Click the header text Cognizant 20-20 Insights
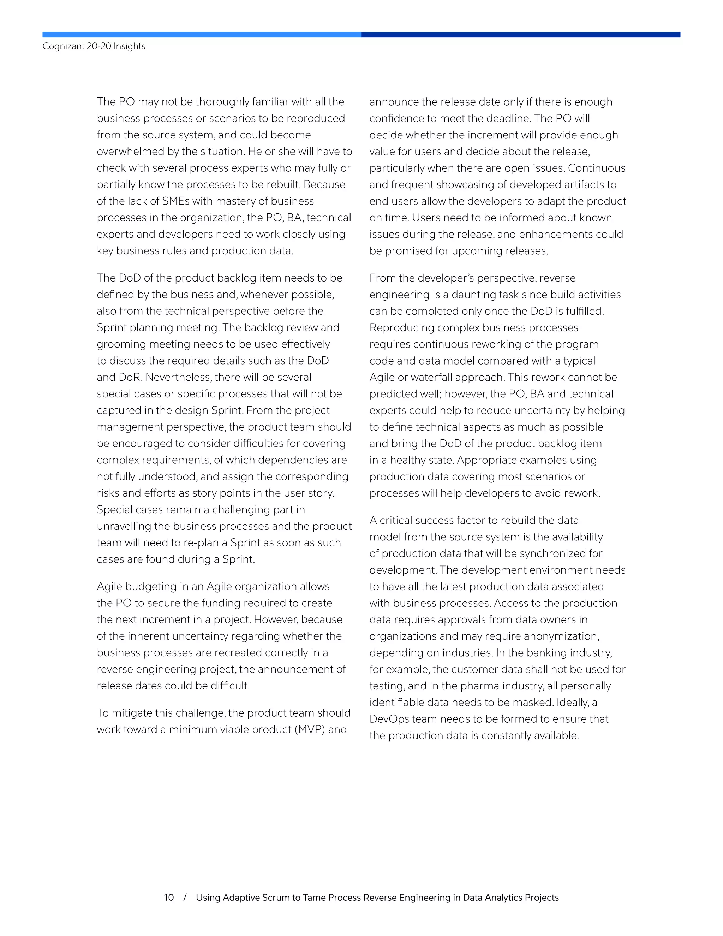(x=94, y=46)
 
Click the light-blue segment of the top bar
(x=201, y=35)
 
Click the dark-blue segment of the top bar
(x=520, y=35)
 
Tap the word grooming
(x=120, y=344)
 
